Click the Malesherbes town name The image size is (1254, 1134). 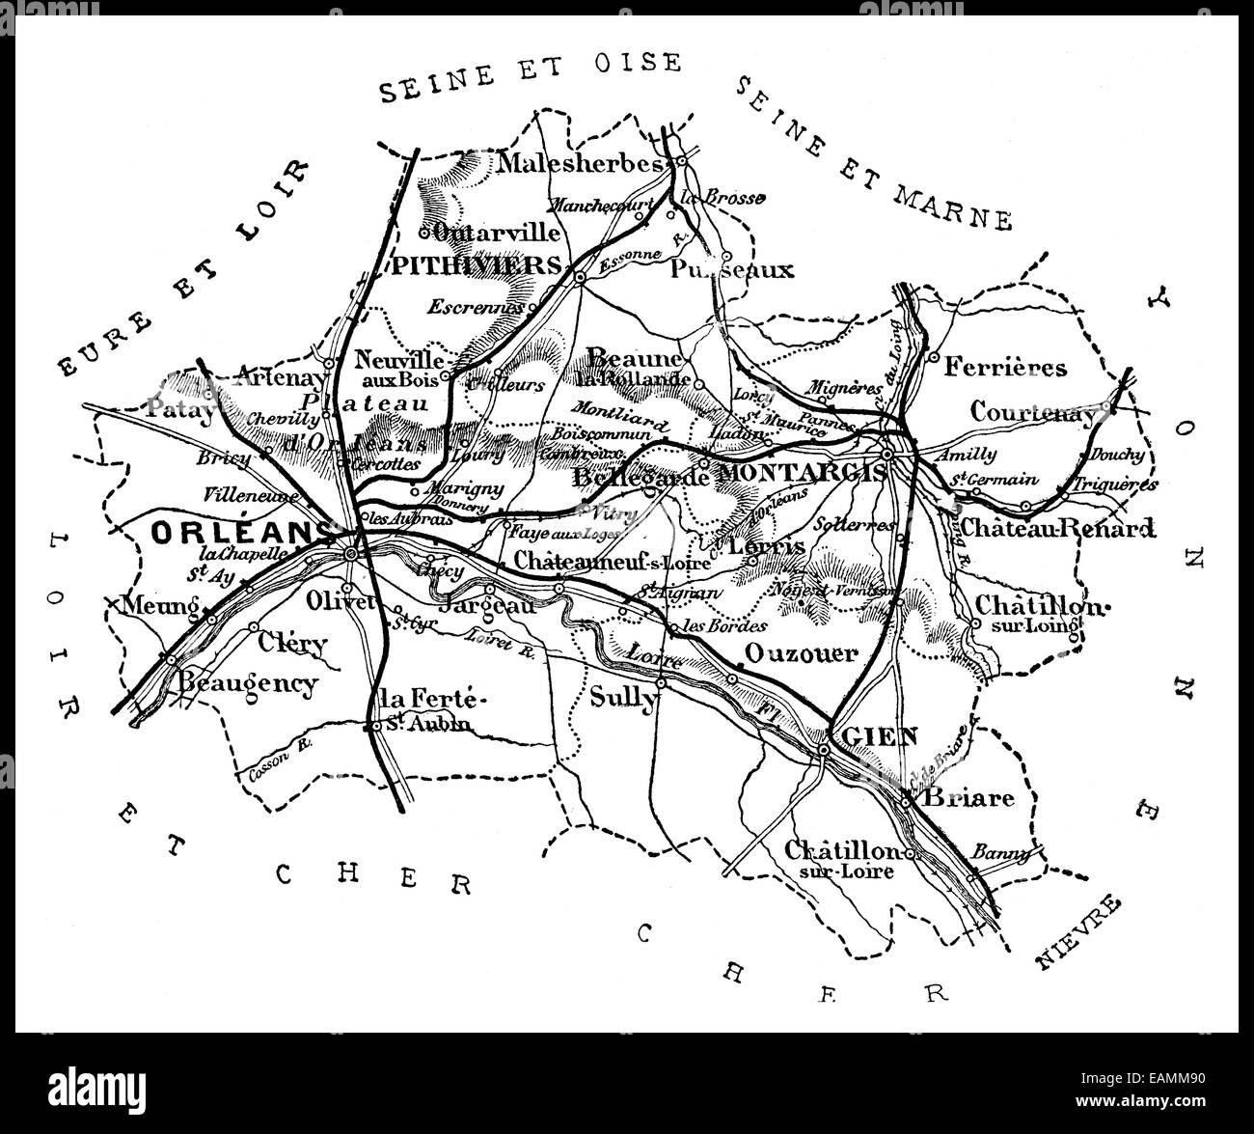click(581, 162)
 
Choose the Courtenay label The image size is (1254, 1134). click(1033, 412)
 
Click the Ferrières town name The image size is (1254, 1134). click(1006, 367)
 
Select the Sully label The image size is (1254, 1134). click(622, 697)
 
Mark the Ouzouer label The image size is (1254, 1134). click(801, 654)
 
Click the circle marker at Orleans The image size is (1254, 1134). click(351, 553)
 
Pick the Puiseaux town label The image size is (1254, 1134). click(732, 269)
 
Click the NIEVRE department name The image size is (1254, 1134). click(1079, 932)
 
